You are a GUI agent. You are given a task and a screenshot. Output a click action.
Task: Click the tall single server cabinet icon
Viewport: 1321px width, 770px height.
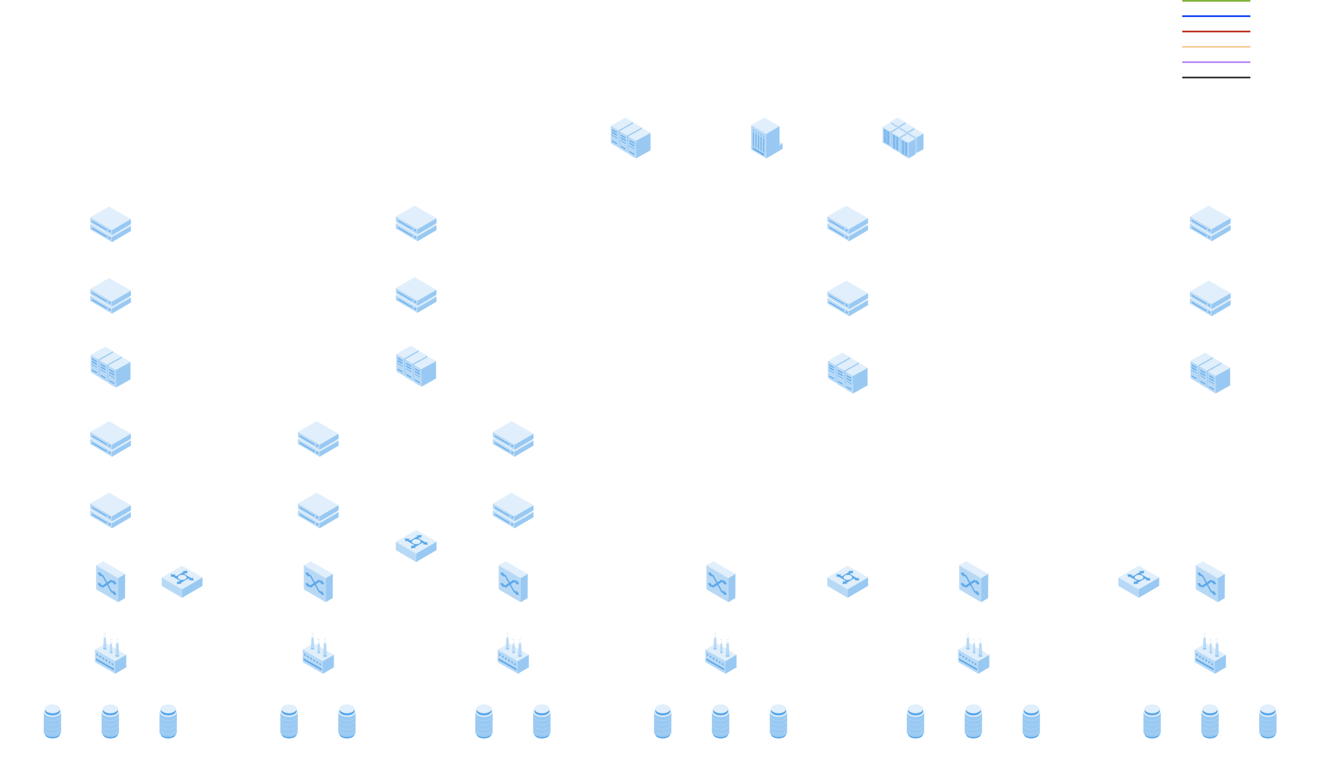(766, 138)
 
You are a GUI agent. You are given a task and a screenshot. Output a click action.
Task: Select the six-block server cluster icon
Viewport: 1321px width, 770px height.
(903, 138)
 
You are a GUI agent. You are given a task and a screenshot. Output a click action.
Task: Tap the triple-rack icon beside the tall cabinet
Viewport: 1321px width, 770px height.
(631, 138)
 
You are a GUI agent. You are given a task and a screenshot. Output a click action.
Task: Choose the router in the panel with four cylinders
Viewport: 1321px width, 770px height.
(416, 546)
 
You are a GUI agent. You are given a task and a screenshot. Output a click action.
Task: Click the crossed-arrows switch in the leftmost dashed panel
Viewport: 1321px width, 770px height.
(111, 582)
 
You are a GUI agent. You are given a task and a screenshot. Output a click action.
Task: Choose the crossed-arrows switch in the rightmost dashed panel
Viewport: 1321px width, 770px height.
(1210, 582)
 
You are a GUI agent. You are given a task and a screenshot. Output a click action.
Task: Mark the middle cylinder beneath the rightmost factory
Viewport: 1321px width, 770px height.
(1209, 721)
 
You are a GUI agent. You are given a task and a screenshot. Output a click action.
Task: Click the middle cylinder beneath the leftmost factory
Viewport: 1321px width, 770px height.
(110, 721)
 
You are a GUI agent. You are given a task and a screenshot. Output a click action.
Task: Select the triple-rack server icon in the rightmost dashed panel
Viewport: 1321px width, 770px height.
(1210, 373)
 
